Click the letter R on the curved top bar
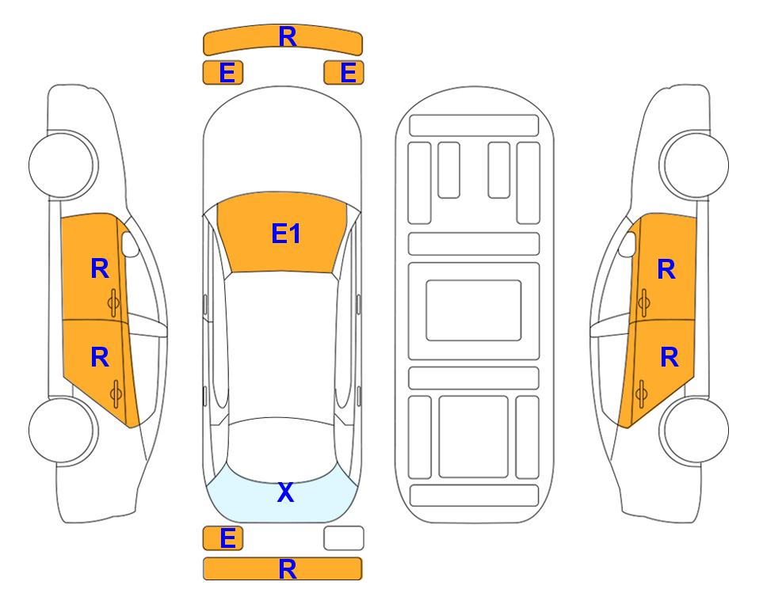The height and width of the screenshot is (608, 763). (288, 37)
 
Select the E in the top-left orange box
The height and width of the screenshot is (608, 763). (227, 73)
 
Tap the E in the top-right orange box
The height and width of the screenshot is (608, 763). (349, 73)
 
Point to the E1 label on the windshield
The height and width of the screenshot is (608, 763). (286, 234)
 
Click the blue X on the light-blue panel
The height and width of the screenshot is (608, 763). (286, 492)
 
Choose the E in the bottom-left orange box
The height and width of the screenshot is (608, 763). (227, 538)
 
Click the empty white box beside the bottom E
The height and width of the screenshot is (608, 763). (344, 538)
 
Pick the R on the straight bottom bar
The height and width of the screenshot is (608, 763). (288, 569)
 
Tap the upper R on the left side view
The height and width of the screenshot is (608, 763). (100, 268)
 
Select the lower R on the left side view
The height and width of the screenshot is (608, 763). (100, 357)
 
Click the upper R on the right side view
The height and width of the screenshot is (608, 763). (666, 269)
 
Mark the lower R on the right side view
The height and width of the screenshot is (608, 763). (669, 357)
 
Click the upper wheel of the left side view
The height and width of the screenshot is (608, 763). (63, 165)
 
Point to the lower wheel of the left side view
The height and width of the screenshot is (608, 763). (63, 431)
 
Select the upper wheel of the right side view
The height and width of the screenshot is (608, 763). (695, 165)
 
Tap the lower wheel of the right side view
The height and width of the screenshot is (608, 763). (695, 431)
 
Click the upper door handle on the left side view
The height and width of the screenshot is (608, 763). (114, 302)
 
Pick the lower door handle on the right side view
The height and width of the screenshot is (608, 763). (641, 394)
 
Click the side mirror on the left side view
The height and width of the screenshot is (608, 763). (129, 244)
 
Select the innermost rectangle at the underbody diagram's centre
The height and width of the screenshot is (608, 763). (474, 310)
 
